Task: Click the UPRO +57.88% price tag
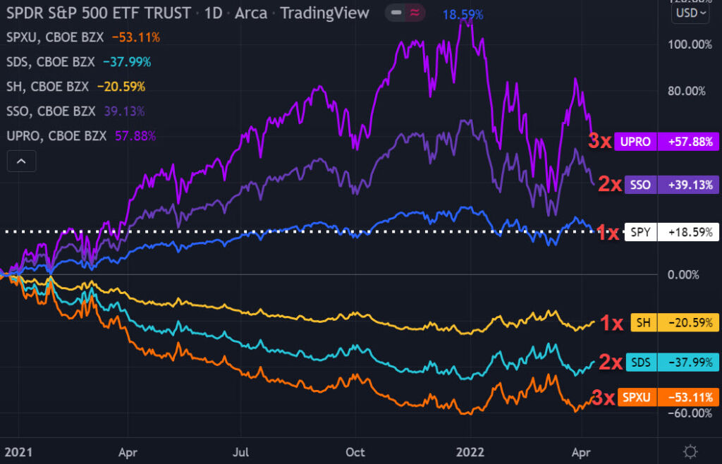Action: pos(666,141)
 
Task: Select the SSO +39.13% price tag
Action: pos(666,185)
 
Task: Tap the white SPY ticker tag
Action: pos(641,231)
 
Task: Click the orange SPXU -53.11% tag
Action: pos(666,397)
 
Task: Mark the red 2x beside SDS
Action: pos(610,362)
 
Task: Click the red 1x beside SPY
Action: pos(609,231)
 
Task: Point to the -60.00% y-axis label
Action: pos(689,413)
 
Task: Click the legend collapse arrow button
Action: pos(21,161)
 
